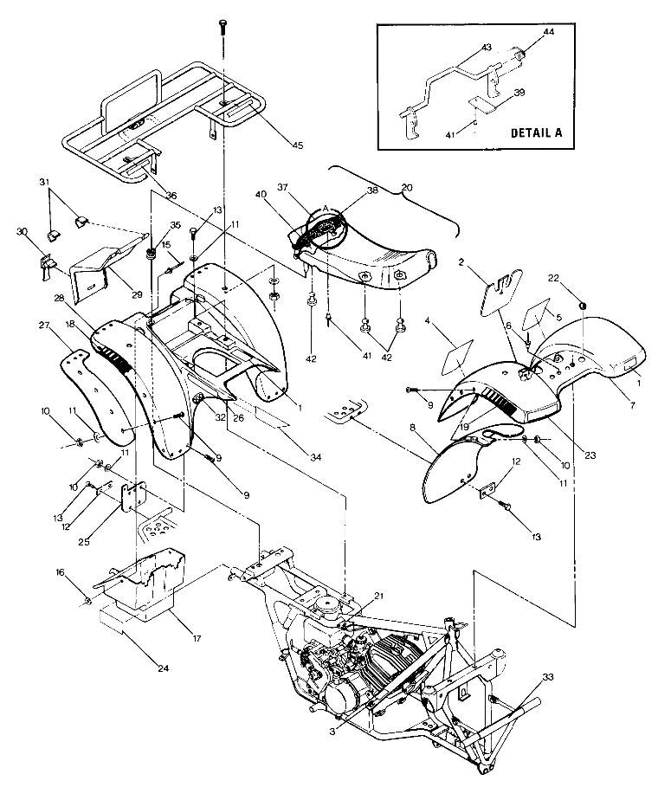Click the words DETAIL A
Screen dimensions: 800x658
pyautogui.click(x=536, y=133)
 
